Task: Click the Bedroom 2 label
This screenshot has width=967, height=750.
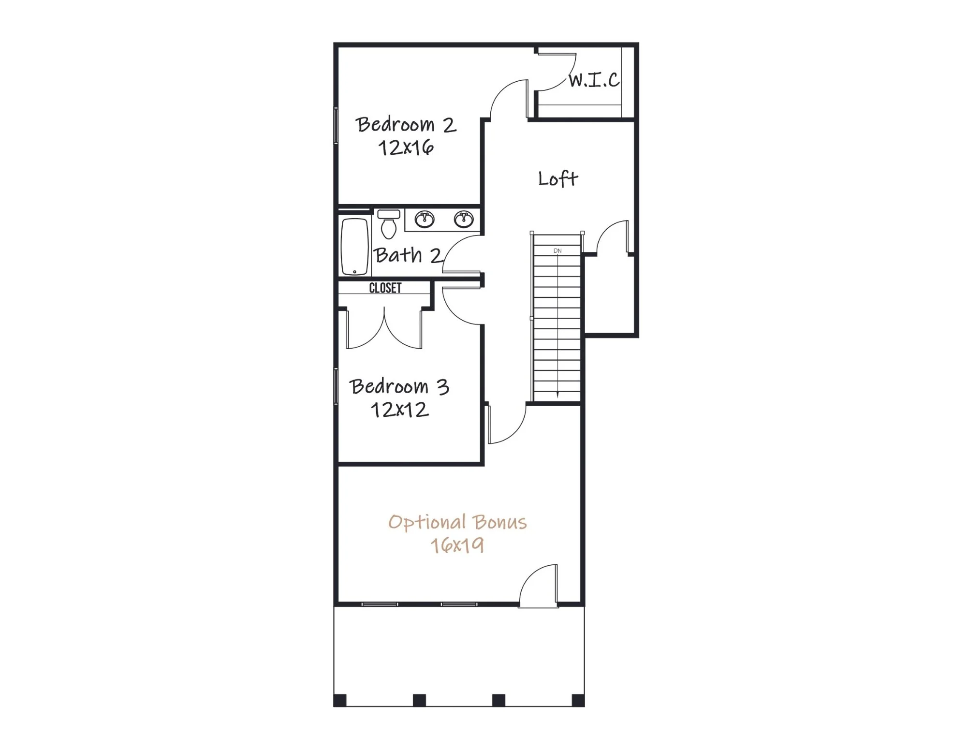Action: pos(406,125)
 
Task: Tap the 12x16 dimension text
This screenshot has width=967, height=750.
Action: pos(406,147)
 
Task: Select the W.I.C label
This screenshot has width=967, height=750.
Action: pos(594,80)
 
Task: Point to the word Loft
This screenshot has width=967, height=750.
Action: pos(558,179)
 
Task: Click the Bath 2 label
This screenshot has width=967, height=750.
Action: pos(408,255)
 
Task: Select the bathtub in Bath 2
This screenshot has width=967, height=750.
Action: pos(355,247)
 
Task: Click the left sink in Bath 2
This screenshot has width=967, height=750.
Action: pos(425,219)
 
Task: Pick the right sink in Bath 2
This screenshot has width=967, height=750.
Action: pos(464,219)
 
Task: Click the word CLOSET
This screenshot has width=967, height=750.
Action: pos(385,288)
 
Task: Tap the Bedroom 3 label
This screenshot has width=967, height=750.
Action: pos(399,386)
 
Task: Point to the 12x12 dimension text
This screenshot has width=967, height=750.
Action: pos(399,410)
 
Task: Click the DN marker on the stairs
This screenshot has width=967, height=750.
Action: pos(557,251)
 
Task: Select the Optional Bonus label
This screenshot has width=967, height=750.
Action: pos(457,522)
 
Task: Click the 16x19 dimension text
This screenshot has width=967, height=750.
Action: pos(457,545)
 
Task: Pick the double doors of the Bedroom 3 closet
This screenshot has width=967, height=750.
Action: pos(384,329)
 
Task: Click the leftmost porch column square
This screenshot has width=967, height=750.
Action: pos(340,700)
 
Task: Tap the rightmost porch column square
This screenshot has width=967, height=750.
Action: pos(578,700)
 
